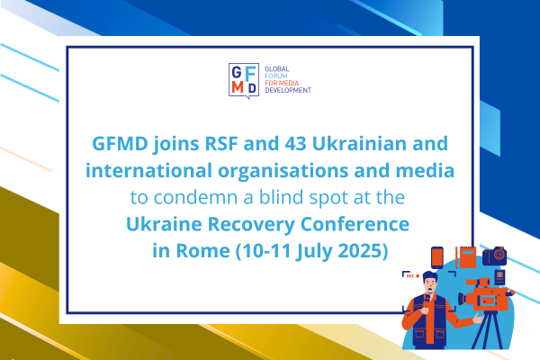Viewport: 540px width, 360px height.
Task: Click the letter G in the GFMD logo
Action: pyautogui.click(x=236, y=73)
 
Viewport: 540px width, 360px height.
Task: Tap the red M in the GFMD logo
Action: pyautogui.click(x=238, y=87)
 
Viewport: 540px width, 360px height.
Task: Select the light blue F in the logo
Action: pyautogui.click(x=251, y=74)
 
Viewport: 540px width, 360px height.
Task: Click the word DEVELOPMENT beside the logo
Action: pyautogui.click(x=288, y=90)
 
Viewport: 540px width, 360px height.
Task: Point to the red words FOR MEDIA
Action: pyautogui.click(x=282, y=83)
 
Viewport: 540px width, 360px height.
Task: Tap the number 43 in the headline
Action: pyautogui.click(x=295, y=143)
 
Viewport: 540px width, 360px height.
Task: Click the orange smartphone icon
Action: pyautogui.click(x=437, y=257)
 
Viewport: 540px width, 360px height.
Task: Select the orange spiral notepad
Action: pyautogui.click(x=468, y=257)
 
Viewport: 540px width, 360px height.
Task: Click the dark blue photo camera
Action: pyautogui.click(x=494, y=256)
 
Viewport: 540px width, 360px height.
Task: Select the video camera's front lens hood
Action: pyautogui.click(x=462, y=298)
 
